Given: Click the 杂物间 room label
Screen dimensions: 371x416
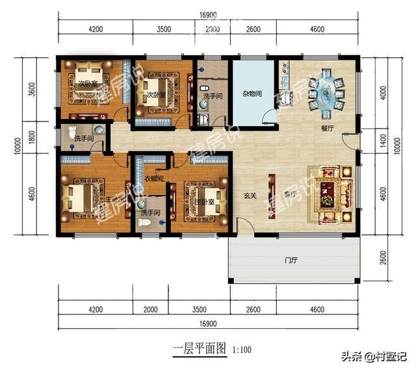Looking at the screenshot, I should [x=252, y=94].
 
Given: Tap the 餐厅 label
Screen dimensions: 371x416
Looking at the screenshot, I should [x=327, y=129].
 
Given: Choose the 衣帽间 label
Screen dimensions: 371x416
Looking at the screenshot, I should [x=153, y=179].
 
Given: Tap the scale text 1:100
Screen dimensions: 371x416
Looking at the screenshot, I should [x=242, y=351].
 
